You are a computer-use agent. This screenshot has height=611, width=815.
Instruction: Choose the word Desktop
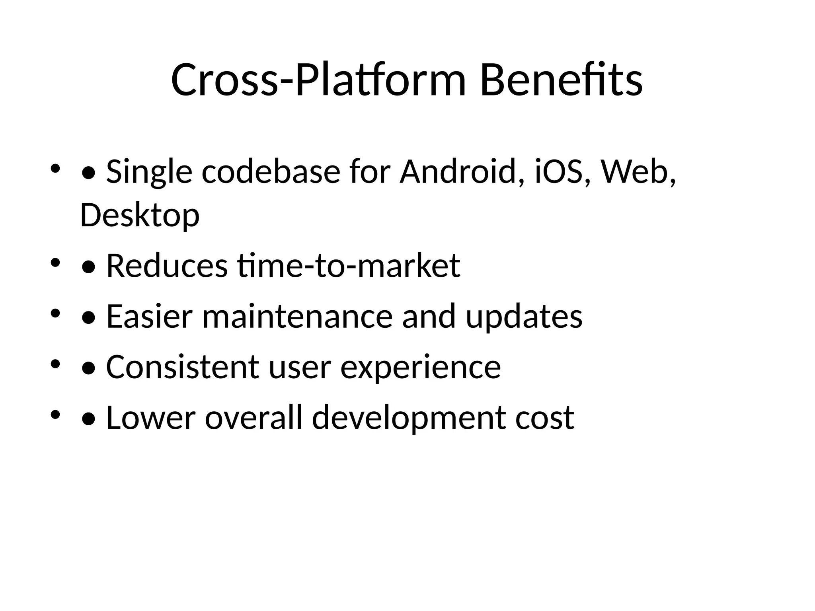[140, 215]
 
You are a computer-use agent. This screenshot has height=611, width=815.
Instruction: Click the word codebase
[271, 172]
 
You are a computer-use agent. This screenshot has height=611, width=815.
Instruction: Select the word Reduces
[167, 266]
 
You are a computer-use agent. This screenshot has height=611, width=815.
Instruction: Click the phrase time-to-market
[349, 266]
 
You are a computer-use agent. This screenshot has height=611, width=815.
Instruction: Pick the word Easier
[149, 316]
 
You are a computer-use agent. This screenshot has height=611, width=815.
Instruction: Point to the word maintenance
[298, 316]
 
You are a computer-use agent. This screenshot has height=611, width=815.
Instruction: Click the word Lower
[151, 417]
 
